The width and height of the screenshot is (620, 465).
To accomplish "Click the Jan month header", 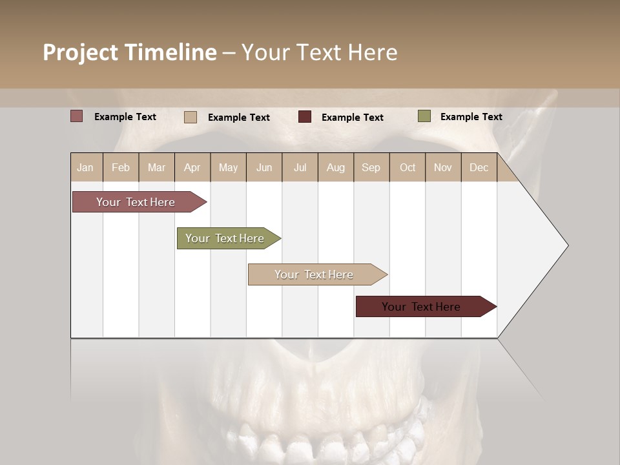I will [86, 167].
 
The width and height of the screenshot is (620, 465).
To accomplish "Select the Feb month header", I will [121, 167].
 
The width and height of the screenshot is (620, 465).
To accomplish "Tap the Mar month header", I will [156, 167].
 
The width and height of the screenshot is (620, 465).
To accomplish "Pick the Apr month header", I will [192, 167].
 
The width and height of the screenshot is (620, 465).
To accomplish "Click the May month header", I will [228, 167].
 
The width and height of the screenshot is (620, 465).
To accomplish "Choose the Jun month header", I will [264, 167].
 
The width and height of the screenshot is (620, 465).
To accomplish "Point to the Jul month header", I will [300, 167].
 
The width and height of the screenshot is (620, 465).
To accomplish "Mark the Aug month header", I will [336, 167].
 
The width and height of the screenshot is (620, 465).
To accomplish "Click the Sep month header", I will [371, 167].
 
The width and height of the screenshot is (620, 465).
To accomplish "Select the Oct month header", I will [408, 167].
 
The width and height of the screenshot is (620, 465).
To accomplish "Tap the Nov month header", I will [443, 167].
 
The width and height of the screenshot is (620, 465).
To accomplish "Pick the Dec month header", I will [479, 167].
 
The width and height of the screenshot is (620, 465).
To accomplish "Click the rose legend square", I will [76, 116].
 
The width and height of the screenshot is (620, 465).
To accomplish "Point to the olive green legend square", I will [424, 116].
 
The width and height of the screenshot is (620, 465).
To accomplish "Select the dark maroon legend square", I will [305, 116].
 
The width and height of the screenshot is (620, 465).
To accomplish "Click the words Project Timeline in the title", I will [129, 52].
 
